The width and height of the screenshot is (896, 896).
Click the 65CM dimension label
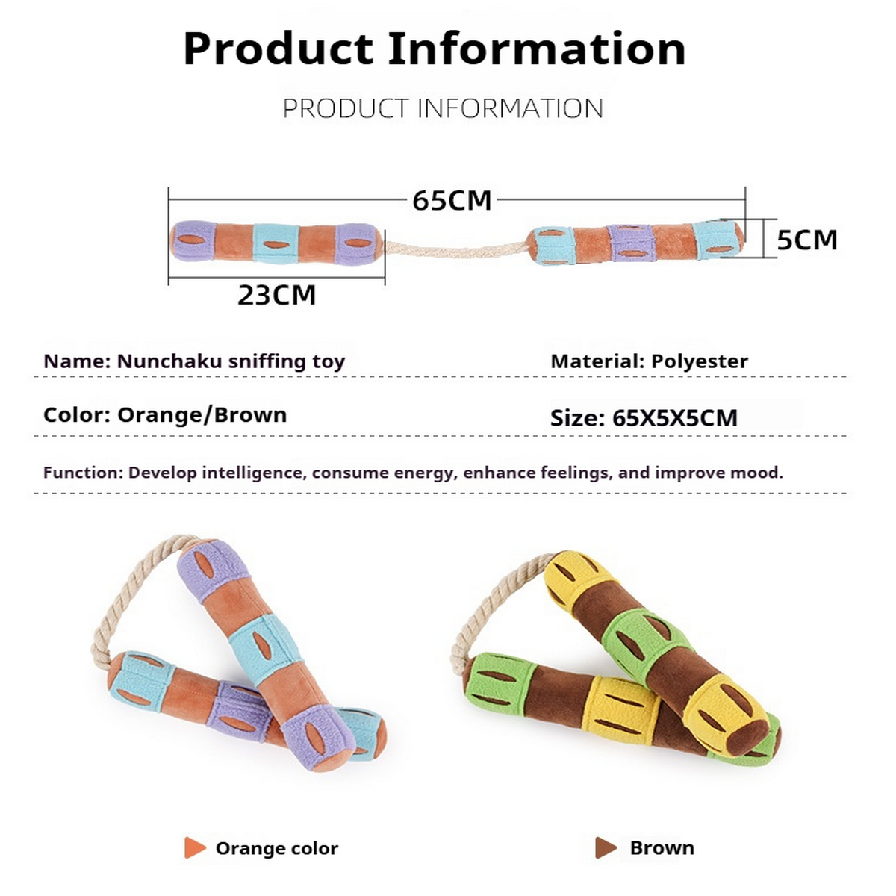(x=452, y=200)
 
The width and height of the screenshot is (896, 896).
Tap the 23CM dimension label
(x=276, y=295)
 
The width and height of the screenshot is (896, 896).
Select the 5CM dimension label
(x=806, y=240)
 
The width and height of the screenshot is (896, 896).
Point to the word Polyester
(x=699, y=361)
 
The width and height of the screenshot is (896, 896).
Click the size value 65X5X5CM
(x=674, y=418)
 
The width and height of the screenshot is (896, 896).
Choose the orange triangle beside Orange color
(x=194, y=848)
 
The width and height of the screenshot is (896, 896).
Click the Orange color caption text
(x=276, y=848)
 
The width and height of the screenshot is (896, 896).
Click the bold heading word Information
(x=536, y=49)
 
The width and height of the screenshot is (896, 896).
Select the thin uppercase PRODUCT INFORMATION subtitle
(x=443, y=109)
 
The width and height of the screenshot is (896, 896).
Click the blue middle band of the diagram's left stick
(x=276, y=243)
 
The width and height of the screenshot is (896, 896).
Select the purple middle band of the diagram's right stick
(x=632, y=243)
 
